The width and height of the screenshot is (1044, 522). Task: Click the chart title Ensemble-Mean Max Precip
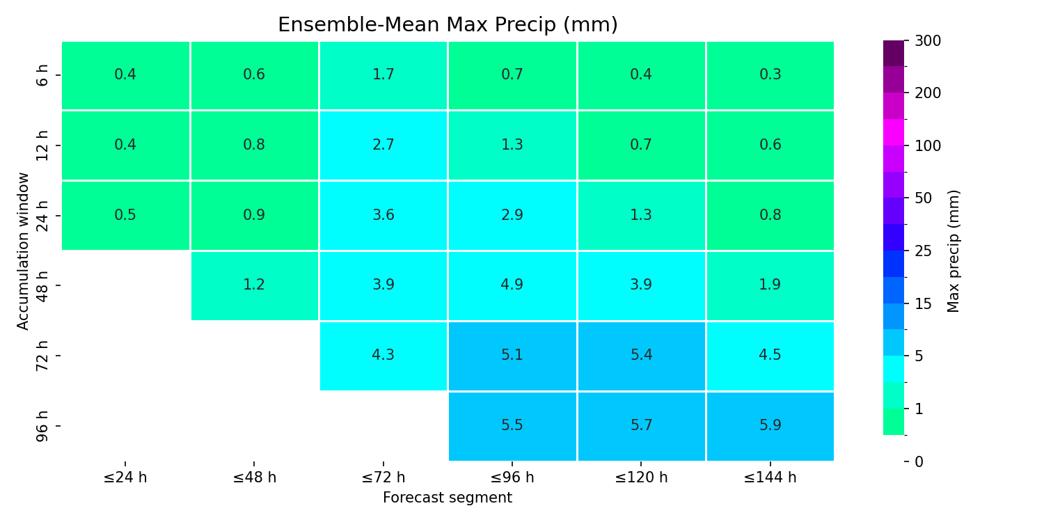coord(448,24)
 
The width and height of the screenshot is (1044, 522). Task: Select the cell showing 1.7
coord(383,75)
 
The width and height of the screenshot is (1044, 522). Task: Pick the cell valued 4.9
coord(512,285)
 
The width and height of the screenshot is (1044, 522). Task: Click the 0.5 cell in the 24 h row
coord(125,215)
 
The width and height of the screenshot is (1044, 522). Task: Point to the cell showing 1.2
coord(255,285)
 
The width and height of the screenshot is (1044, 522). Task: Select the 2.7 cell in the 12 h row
coord(383,145)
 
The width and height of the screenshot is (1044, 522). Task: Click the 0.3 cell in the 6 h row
coord(770,75)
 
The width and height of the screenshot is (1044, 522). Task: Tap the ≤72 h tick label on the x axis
coord(383,477)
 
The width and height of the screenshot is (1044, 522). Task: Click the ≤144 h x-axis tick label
coord(770,477)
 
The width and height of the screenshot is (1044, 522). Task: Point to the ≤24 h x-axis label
coord(125,477)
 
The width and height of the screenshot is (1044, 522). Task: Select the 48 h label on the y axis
coord(42,285)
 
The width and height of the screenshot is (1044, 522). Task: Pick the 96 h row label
coord(42,427)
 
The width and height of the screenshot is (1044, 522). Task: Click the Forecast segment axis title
coord(448,498)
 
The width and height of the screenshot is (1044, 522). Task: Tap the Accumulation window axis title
coord(22,251)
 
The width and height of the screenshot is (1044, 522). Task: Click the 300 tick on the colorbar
coord(928,41)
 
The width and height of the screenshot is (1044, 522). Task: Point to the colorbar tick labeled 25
coord(924,251)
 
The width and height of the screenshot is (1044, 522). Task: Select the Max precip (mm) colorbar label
coord(954,251)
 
